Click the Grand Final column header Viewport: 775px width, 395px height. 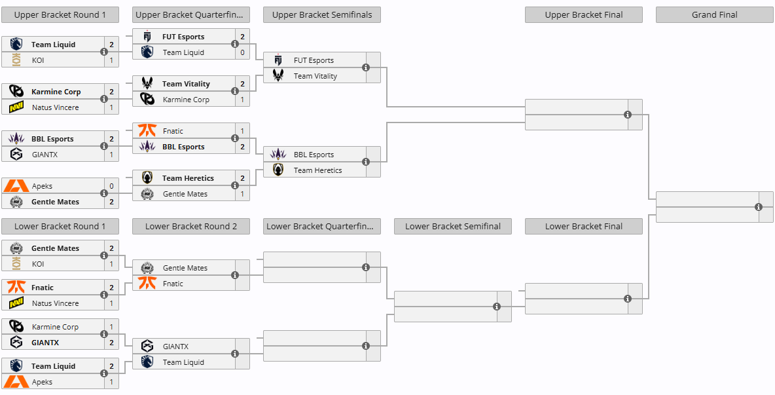(x=714, y=14)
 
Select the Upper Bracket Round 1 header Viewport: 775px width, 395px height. (x=60, y=14)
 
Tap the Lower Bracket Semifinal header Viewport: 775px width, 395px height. (x=453, y=226)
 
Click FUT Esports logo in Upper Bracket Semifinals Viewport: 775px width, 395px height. (x=278, y=60)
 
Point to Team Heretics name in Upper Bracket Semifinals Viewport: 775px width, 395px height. (x=317, y=170)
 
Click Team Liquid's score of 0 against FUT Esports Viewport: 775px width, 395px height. (x=242, y=52)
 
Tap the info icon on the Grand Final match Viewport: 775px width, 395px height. (x=759, y=207)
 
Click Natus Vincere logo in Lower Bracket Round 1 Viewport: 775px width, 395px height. (x=16, y=303)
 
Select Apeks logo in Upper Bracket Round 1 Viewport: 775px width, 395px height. (x=16, y=186)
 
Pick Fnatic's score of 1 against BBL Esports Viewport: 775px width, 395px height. (x=242, y=131)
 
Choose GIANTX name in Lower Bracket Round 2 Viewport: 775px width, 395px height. (x=176, y=347)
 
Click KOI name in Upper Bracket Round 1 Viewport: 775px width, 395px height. (x=38, y=60)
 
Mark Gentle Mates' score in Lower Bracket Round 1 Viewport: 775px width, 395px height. (x=111, y=248)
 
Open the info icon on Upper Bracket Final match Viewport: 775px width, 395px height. (x=628, y=115)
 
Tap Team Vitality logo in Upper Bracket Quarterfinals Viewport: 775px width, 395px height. (x=147, y=84)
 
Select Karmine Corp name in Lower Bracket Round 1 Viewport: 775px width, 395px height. (x=55, y=327)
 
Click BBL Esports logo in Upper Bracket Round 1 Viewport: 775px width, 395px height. (x=16, y=139)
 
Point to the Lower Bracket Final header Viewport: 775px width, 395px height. (x=584, y=226)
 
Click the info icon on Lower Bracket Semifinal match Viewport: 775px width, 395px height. (x=497, y=306)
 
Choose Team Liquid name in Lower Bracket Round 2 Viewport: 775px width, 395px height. (x=183, y=362)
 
